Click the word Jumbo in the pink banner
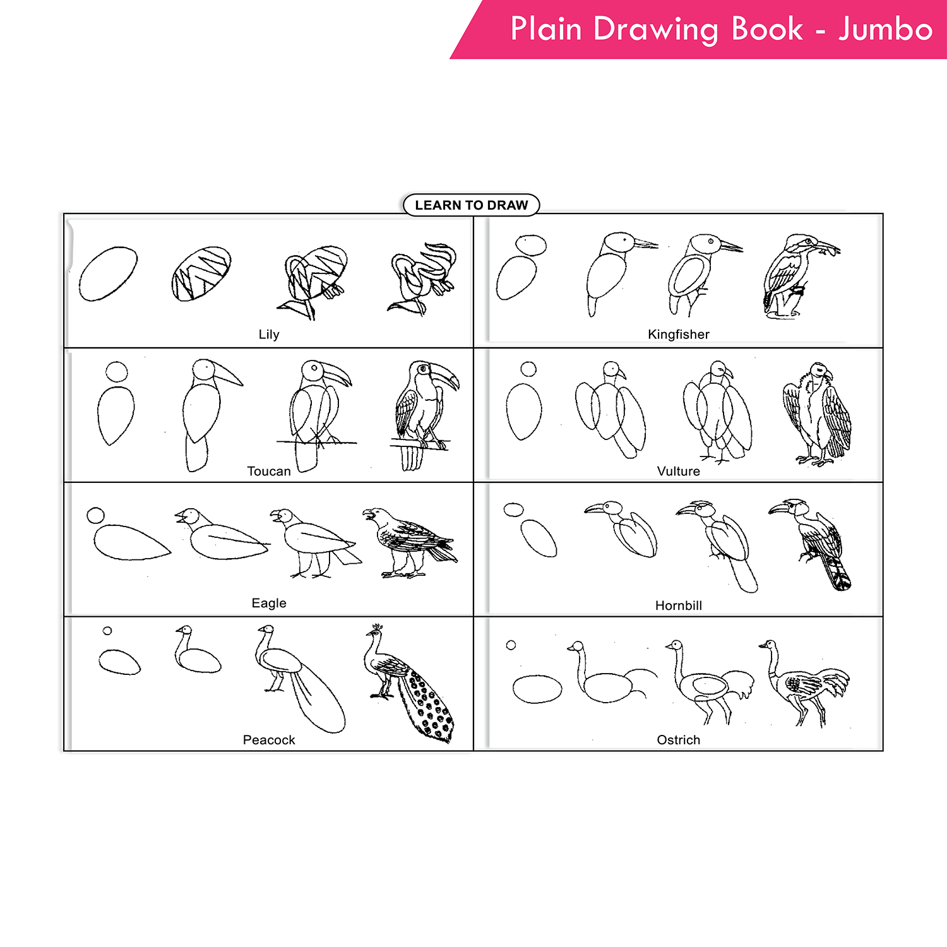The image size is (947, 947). coord(885,29)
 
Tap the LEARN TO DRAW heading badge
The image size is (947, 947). coord(471,205)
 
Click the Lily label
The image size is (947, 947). coord(269,334)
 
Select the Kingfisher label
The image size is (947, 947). coord(678,334)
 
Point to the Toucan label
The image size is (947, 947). coord(269,471)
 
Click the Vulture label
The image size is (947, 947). coord(678,471)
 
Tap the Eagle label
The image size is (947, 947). coord(269,603)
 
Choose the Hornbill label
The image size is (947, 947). coord(678,605)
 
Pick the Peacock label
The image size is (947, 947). coord(269,740)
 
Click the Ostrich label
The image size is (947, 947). coord(678,740)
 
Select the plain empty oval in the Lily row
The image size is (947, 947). coord(108,273)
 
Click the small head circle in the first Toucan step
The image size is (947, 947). coord(117,371)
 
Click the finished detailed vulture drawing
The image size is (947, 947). coord(817,414)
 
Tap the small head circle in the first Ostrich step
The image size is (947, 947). coord(511,645)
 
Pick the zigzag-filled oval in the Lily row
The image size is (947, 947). coord(201,273)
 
